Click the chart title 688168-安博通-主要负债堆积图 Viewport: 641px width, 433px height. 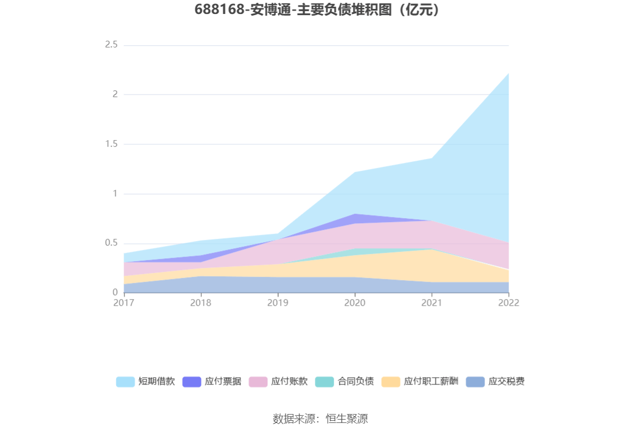(320, 10)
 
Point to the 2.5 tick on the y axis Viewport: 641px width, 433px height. (112, 45)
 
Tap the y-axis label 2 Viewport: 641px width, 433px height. (115, 94)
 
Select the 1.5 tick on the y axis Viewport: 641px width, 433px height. (112, 144)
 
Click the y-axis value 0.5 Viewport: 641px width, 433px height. (112, 243)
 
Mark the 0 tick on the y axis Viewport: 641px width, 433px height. (115, 292)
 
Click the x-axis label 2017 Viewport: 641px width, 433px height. (124, 303)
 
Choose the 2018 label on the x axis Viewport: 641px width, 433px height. (201, 303)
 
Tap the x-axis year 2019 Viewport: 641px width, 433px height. (278, 303)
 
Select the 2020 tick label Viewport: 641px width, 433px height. (355, 303)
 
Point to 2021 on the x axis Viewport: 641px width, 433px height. (432, 303)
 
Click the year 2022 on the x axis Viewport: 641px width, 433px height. (509, 303)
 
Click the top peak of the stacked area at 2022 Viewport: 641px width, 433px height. (509, 73)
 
